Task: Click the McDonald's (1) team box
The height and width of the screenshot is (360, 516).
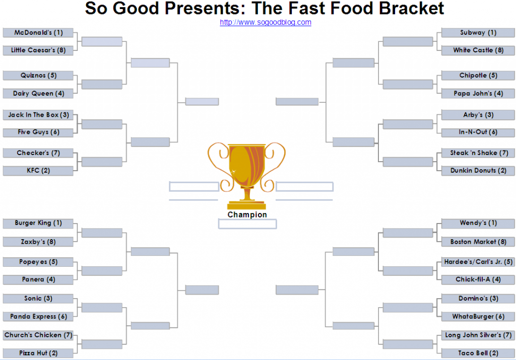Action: (38, 33)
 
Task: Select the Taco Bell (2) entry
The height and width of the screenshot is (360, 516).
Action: (478, 353)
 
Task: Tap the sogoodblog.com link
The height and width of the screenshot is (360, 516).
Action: (266, 22)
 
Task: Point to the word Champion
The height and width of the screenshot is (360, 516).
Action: (247, 214)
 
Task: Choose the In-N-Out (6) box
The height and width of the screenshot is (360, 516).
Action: (478, 132)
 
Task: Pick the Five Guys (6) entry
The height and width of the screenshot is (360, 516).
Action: (38, 132)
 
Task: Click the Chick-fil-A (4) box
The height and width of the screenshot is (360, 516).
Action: (478, 279)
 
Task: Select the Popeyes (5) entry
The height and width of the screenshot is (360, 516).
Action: (38, 262)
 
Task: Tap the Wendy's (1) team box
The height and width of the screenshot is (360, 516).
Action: (478, 223)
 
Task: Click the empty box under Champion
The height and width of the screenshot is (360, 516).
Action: (247, 224)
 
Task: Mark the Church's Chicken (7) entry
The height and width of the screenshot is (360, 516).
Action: (38, 335)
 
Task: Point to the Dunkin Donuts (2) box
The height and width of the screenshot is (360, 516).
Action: (478, 170)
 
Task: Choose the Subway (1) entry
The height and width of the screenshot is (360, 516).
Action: (478, 33)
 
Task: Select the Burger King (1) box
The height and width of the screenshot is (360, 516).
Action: (38, 223)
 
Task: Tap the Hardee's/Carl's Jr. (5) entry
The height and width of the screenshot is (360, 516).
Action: (478, 262)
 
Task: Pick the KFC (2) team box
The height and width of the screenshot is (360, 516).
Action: (38, 170)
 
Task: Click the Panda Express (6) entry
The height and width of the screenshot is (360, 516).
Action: (38, 316)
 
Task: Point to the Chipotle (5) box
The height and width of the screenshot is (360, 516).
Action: (478, 76)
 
